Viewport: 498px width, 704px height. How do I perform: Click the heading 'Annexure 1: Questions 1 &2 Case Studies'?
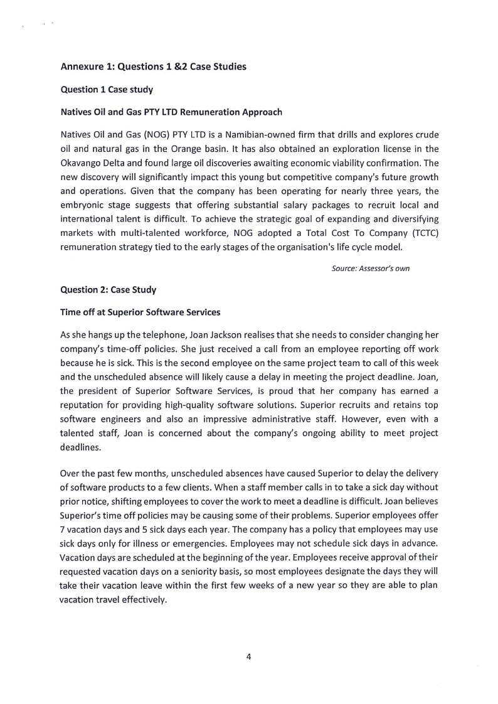tap(153, 67)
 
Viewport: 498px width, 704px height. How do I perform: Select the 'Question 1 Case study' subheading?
tap(107, 90)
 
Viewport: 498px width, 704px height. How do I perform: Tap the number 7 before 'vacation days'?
tap(63, 523)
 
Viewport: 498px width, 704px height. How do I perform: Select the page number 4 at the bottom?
tap(249, 656)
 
